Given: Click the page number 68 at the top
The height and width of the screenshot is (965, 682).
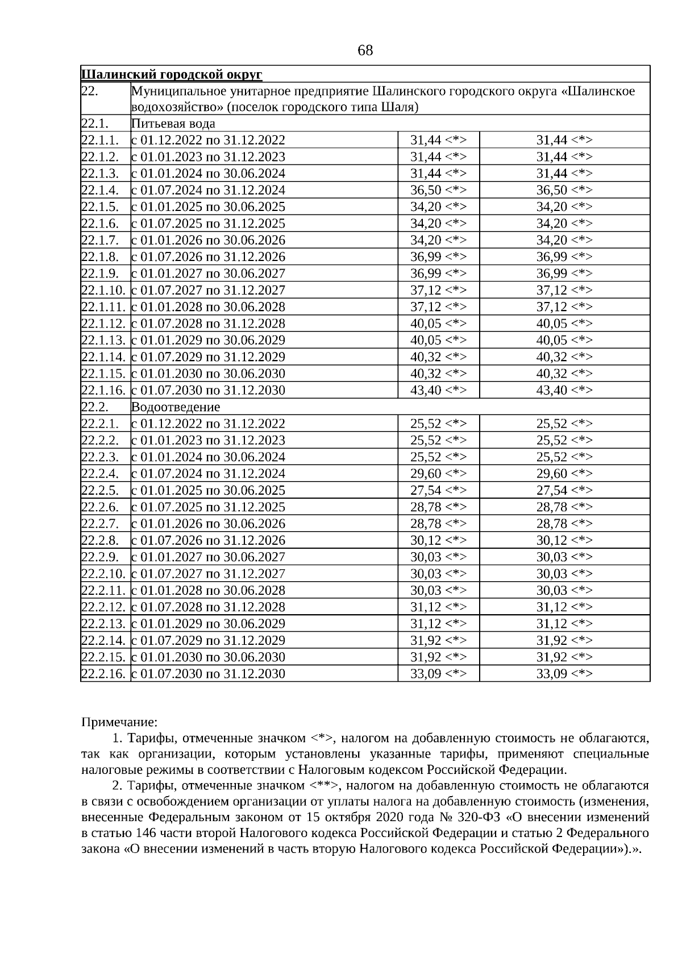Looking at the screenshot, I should (365, 51).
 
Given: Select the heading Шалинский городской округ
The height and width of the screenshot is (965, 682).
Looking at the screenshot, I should (172, 74).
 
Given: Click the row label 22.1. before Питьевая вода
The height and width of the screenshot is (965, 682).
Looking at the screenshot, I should (95, 123).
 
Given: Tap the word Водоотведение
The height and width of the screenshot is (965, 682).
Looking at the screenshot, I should (175, 407).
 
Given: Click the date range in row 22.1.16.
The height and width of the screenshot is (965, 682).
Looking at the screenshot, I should (208, 390).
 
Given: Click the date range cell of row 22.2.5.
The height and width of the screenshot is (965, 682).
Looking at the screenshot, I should (208, 490).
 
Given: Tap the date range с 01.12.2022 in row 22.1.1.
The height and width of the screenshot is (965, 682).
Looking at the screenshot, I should (208, 140).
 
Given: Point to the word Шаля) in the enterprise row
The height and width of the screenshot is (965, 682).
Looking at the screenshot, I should (403, 107).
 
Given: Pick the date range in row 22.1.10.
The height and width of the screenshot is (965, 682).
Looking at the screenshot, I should (208, 290).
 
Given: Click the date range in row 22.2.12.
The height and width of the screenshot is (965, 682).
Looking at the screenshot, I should (208, 607).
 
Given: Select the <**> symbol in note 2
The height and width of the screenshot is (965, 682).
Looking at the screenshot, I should (325, 786).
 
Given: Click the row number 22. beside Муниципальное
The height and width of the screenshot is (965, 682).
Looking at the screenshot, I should (90, 91).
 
